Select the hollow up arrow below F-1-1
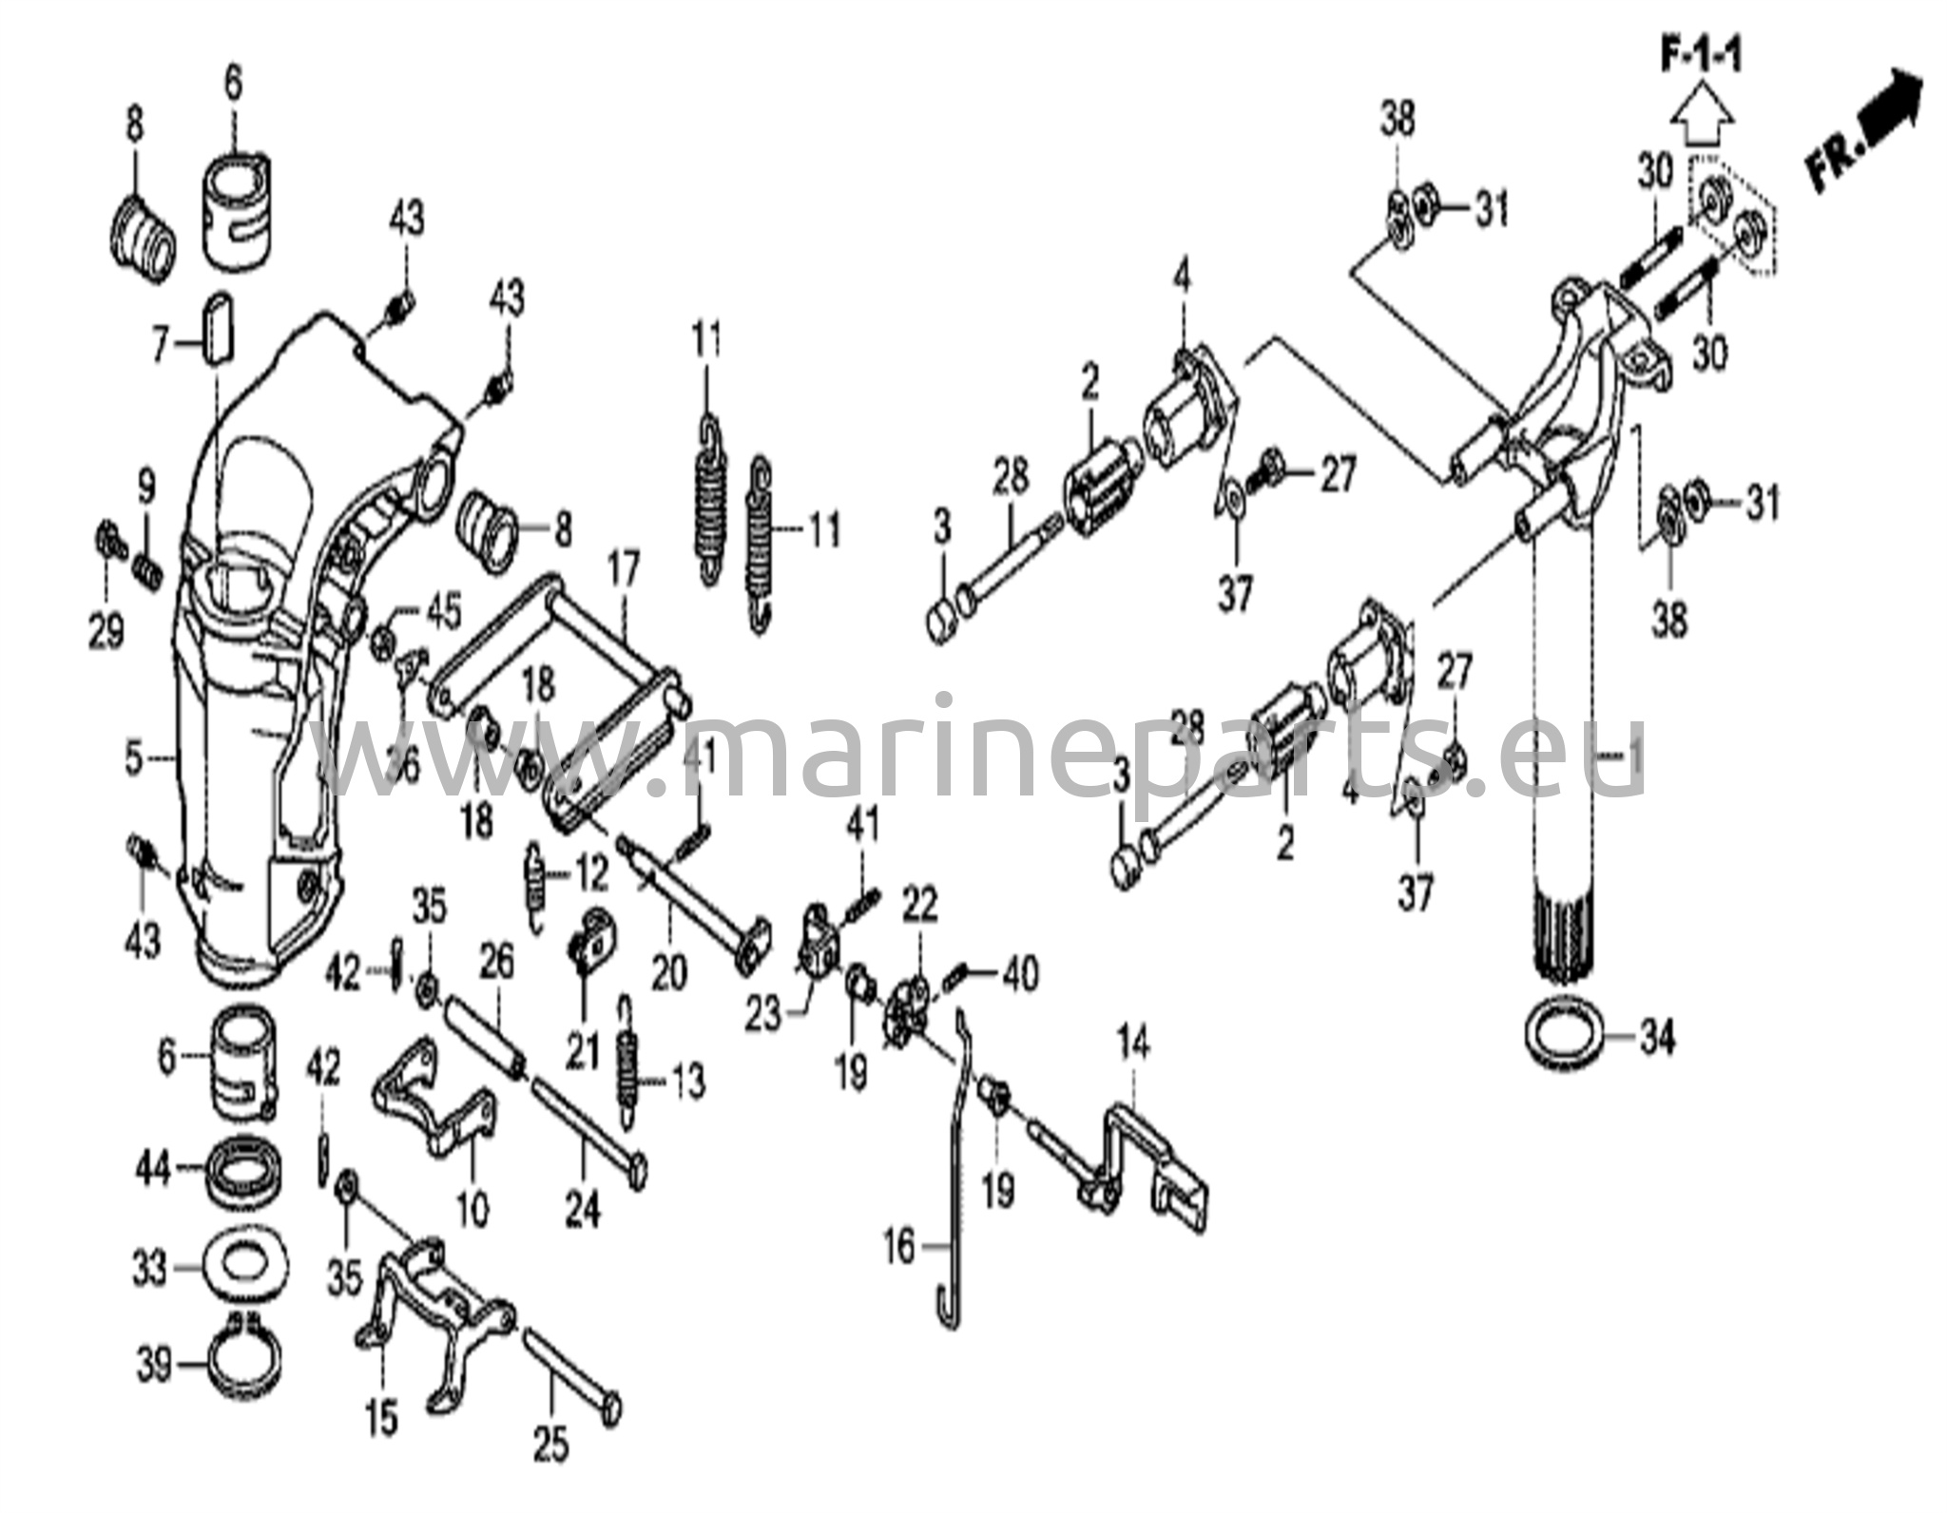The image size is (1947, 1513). click(x=1703, y=117)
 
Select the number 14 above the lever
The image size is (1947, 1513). click(x=1133, y=1045)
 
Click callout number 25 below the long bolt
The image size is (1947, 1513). click(x=551, y=1444)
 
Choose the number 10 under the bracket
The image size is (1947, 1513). click(x=472, y=1209)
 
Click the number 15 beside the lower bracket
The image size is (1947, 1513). click(x=382, y=1421)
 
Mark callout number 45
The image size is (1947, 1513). click(x=442, y=610)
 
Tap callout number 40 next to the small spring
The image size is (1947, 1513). click(x=1020, y=974)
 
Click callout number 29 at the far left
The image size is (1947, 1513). click(x=106, y=628)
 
